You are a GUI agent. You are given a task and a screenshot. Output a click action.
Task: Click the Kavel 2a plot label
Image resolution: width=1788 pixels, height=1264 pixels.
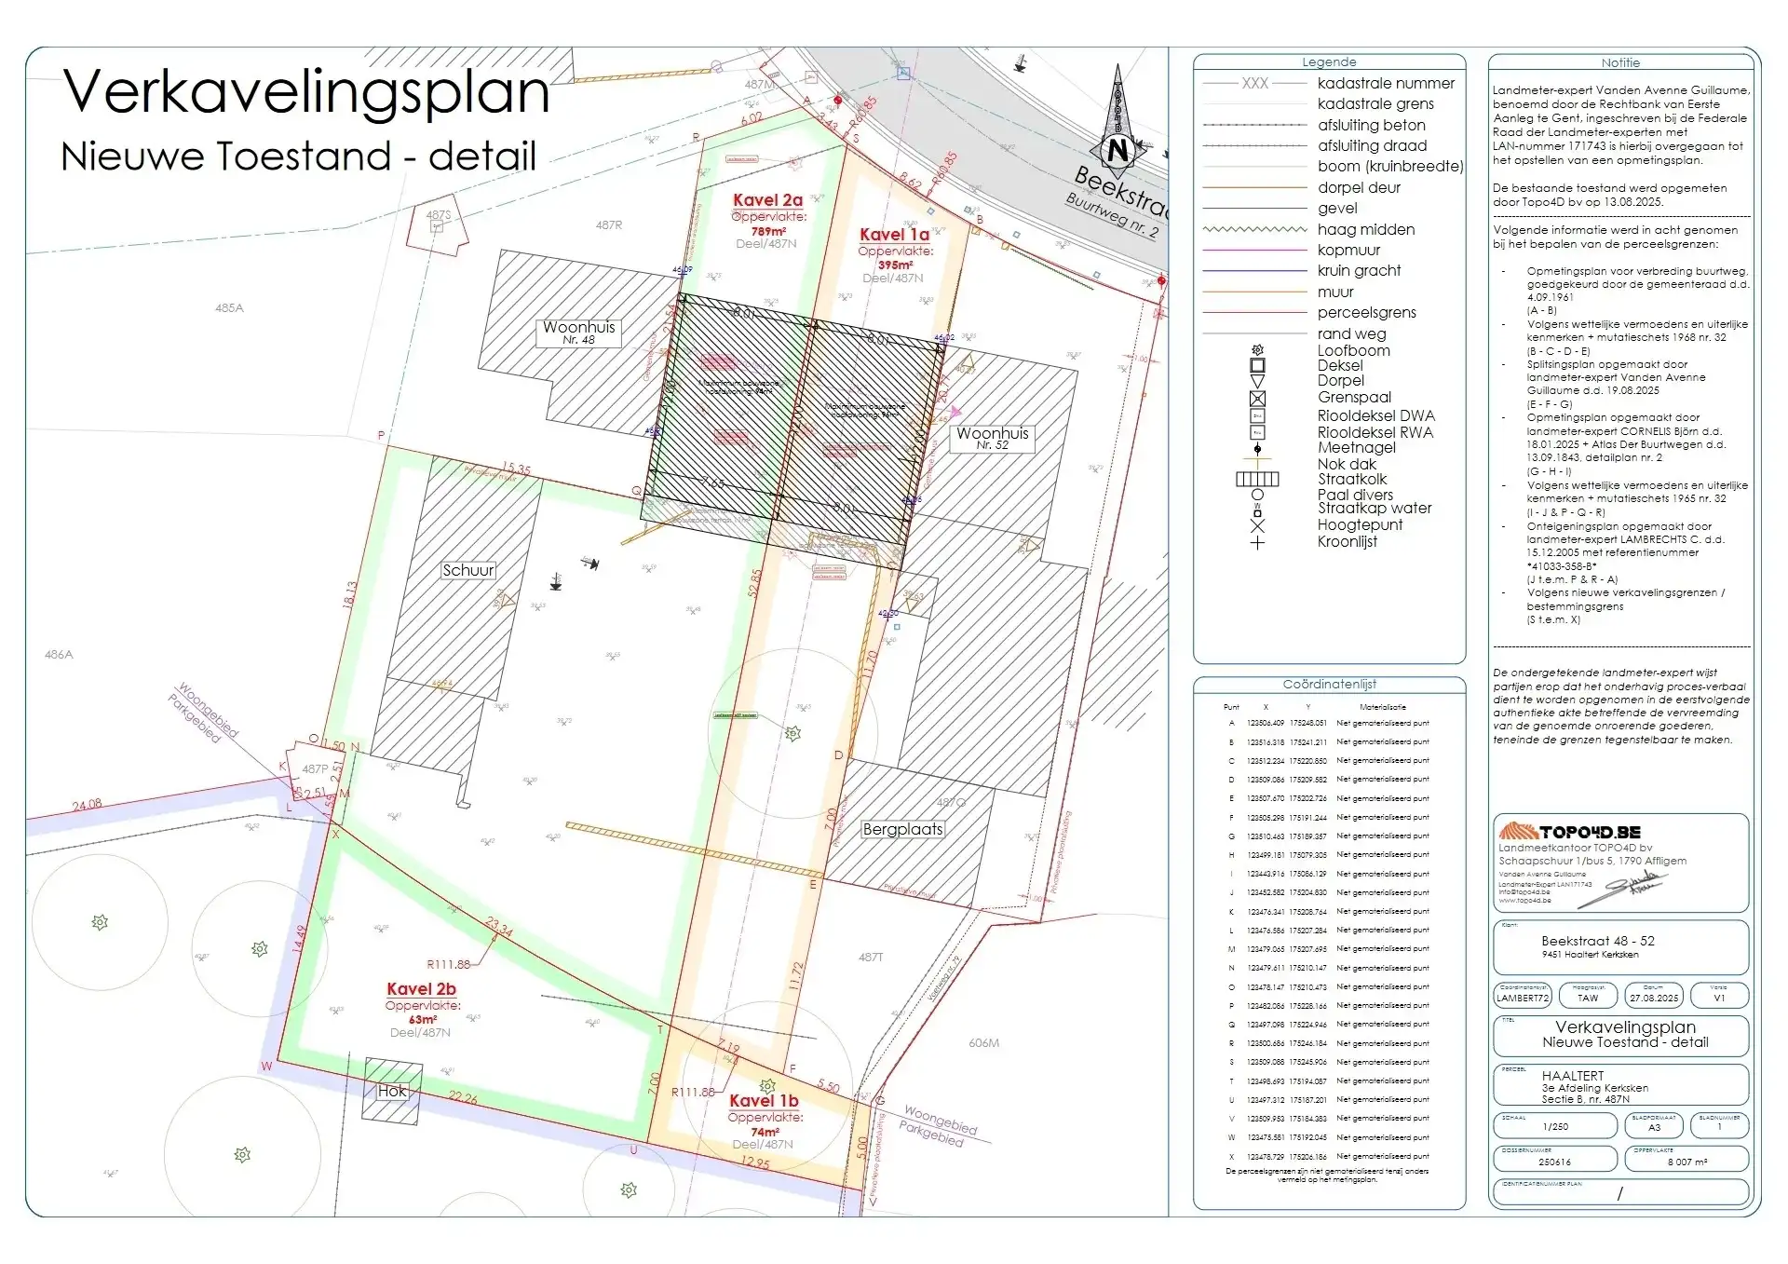[x=767, y=200]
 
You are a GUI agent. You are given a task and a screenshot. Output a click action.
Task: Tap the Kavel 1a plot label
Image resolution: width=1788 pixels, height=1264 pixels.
[x=894, y=235]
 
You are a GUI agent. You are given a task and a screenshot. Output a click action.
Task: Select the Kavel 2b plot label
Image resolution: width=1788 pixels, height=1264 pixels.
[x=421, y=989]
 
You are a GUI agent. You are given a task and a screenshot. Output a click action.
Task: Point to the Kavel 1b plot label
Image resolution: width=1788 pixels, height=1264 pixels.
[x=764, y=1101]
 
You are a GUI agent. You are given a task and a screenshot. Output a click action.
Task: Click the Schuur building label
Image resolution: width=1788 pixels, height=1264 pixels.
[x=468, y=570]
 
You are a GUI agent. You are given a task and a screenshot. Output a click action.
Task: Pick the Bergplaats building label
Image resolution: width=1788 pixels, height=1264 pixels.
[x=902, y=829]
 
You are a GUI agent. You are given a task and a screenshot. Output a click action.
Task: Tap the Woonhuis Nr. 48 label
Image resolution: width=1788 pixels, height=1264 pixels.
[x=578, y=332]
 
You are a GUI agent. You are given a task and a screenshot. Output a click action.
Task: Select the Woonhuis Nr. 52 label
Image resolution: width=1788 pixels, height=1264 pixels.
[x=992, y=438]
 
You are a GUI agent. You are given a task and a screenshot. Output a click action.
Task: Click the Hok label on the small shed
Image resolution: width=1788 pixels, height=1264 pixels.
[x=392, y=1092]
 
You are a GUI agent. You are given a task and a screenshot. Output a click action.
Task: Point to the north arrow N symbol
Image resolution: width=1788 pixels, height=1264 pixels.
[x=1118, y=150]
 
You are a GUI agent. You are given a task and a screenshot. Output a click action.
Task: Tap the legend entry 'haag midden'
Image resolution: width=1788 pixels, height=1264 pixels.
[x=1365, y=229]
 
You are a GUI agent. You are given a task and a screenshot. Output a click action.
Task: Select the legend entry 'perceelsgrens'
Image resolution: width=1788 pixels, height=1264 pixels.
[x=1366, y=313]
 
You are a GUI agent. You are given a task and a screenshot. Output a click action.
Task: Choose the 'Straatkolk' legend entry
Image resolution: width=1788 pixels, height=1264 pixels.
[x=1352, y=479]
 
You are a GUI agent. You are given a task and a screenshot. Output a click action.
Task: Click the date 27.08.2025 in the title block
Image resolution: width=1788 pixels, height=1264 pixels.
[x=1654, y=998]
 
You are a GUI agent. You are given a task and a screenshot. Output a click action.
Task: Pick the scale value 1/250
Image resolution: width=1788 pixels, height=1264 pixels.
[x=1555, y=1126]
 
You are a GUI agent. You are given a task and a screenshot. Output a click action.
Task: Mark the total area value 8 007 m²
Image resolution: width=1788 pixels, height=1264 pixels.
[x=1687, y=1162]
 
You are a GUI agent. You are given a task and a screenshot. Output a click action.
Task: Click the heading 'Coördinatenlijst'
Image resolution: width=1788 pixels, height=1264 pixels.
[x=1329, y=684]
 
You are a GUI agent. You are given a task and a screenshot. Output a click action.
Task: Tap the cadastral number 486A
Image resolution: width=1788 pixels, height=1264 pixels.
[x=59, y=655]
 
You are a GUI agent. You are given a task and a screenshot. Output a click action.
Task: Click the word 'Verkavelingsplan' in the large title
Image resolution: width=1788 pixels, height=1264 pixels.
[x=306, y=92]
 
